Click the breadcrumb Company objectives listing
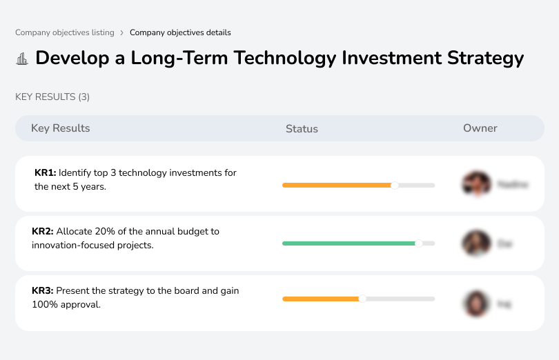[x=64, y=32]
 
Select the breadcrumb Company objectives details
[x=180, y=32]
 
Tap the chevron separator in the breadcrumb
[x=121, y=32]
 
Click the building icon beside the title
[x=22, y=59]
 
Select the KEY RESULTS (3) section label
[x=52, y=97]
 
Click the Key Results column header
[x=60, y=128]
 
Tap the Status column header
[x=302, y=129]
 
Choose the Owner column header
[x=480, y=128]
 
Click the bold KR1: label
[x=46, y=172]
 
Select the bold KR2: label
[x=43, y=232]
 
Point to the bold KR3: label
[x=43, y=291]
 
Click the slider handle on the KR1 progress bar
[x=395, y=185]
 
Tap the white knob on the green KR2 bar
[x=418, y=243]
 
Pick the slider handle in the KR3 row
[x=362, y=299]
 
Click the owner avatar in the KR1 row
[x=475, y=184]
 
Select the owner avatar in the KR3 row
[x=475, y=303]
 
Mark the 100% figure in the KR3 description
[x=43, y=304]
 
